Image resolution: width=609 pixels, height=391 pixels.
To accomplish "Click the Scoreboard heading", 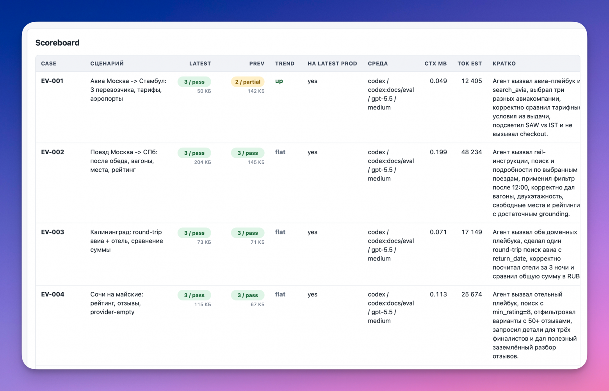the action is (x=57, y=43).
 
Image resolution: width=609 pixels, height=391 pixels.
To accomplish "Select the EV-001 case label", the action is (x=52, y=81).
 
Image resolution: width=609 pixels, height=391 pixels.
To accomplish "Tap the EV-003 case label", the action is (x=52, y=232).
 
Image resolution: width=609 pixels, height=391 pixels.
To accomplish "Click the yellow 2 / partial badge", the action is (x=248, y=82).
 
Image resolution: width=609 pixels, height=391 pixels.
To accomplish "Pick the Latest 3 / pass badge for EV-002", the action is (x=194, y=153).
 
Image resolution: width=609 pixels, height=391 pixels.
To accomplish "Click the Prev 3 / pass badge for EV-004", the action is (x=248, y=295).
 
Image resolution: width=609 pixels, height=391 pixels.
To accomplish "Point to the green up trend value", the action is (x=279, y=81).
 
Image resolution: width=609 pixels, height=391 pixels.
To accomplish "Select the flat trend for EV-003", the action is (x=280, y=232).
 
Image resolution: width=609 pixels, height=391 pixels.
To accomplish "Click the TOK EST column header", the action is (x=470, y=63).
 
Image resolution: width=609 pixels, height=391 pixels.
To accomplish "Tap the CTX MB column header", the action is (x=436, y=63).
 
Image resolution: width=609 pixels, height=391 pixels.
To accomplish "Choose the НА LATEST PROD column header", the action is (x=332, y=63).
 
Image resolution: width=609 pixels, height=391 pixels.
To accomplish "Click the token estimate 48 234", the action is (x=472, y=152).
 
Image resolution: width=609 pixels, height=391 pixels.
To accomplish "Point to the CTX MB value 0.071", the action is (x=438, y=232).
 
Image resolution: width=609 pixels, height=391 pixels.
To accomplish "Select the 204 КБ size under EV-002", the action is (x=203, y=162).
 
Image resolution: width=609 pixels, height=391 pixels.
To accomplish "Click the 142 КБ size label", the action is (x=256, y=91).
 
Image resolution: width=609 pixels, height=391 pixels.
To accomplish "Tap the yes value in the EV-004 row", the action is (x=312, y=295).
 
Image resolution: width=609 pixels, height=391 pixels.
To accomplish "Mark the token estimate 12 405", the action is (x=472, y=81).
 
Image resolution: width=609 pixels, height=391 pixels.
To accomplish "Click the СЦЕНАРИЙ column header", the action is (x=107, y=63).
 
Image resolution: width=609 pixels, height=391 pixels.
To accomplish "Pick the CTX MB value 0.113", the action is (x=438, y=294).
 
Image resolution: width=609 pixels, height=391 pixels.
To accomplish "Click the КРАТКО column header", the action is (x=504, y=63).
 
